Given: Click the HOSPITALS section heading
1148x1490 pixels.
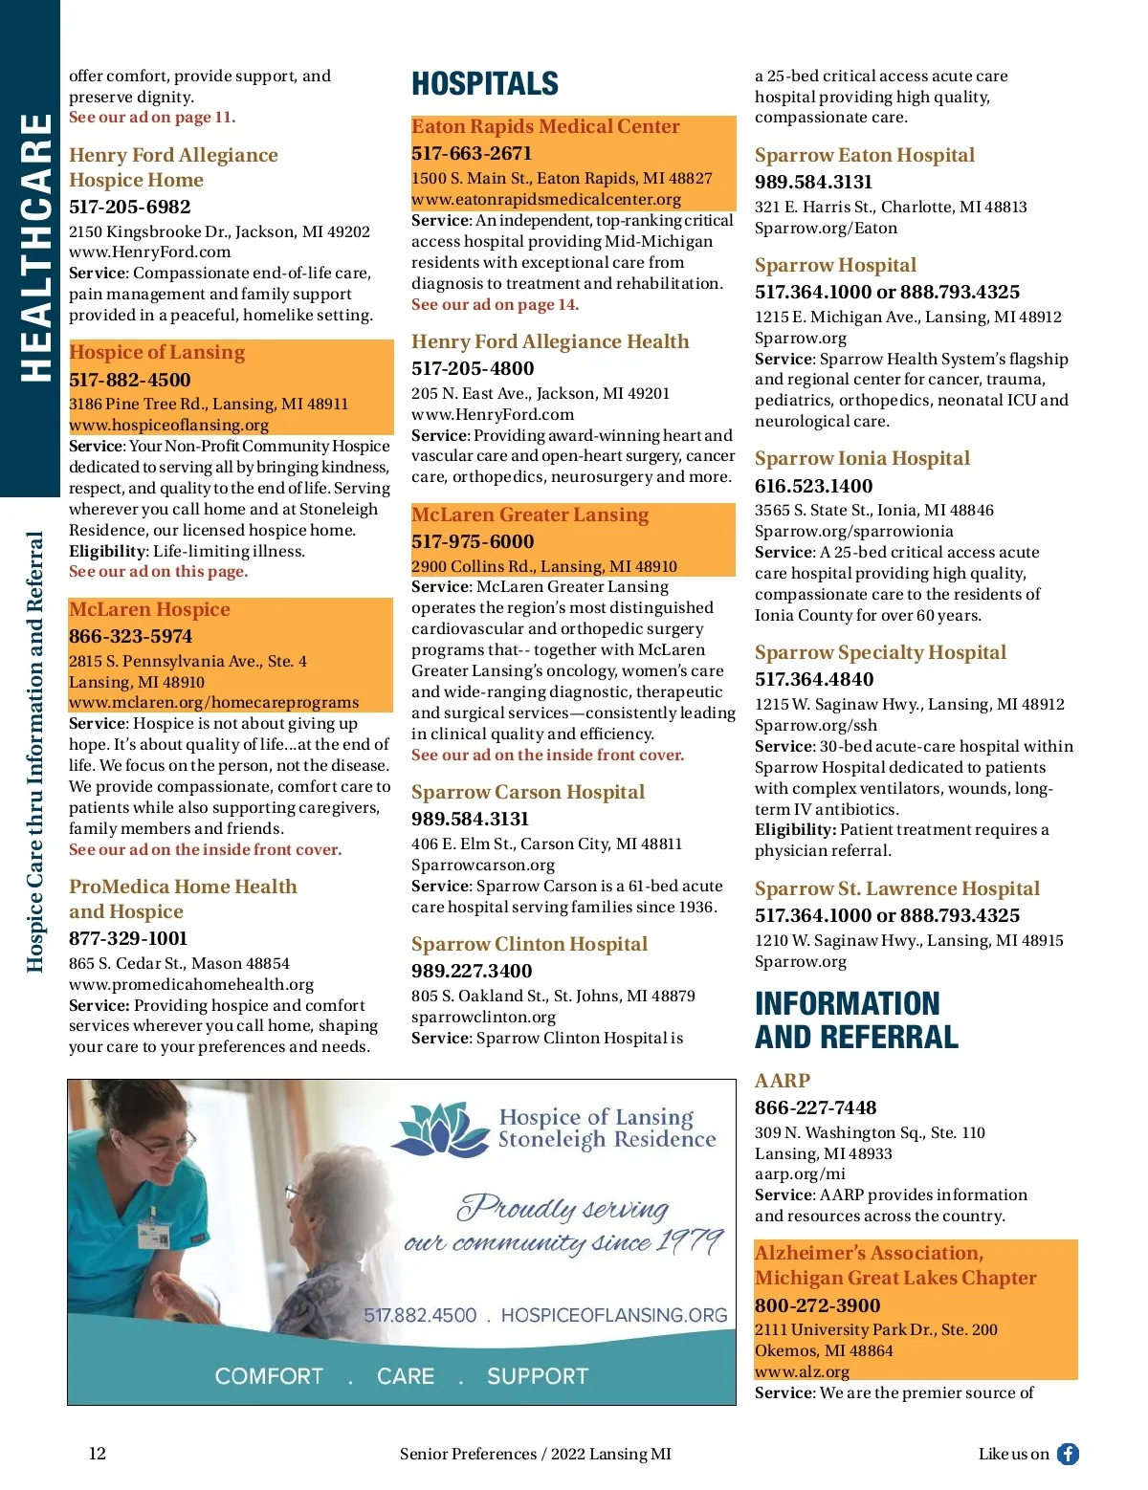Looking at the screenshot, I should tap(484, 84).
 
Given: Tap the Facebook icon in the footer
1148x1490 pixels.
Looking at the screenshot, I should tap(1068, 1454).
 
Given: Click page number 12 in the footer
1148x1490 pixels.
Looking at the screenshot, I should tap(98, 1454).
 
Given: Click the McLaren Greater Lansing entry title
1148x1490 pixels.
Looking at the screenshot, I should tap(529, 515).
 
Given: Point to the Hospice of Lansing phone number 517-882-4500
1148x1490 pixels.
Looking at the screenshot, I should tap(129, 380).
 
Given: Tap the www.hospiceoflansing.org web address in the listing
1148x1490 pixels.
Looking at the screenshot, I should tap(168, 425).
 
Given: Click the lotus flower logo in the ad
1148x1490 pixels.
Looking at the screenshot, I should tap(441, 1128).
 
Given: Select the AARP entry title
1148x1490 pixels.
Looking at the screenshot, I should tap(782, 1081).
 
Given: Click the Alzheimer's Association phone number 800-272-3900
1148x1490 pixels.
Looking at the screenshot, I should tap(817, 1305).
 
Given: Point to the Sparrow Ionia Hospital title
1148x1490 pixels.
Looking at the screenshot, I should tap(862, 458).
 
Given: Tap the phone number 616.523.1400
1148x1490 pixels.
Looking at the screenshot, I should tap(813, 486).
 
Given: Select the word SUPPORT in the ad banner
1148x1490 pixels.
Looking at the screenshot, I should tap(537, 1376).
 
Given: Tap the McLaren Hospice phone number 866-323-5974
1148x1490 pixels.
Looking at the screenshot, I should tap(130, 636).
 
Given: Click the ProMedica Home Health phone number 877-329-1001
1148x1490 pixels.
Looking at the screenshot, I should tap(128, 938).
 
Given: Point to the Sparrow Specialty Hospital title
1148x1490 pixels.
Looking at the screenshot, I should tap(880, 652).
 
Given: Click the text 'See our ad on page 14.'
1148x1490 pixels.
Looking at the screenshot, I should tap(495, 304).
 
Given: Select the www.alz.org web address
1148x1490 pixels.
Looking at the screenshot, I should tap(788, 1371).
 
